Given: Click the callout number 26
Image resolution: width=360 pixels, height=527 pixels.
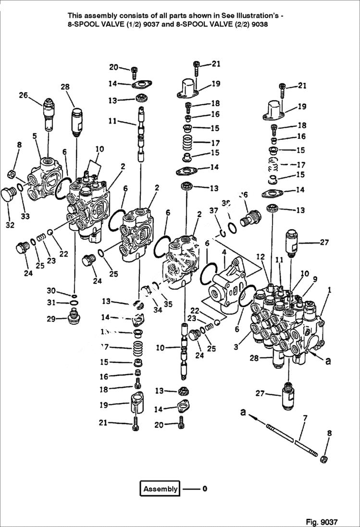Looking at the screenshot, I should click(x=23, y=95).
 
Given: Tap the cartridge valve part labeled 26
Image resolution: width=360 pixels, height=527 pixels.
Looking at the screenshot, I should click(x=49, y=114).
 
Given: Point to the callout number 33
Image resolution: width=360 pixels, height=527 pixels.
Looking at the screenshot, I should click(x=25, y=216).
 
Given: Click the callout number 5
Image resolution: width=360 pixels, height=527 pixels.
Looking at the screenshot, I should click(x=35, y=136).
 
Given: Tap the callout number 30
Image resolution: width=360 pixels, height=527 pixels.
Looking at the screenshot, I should click(x=51, y=290).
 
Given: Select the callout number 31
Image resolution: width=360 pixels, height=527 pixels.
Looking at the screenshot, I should click(x=51, y=302).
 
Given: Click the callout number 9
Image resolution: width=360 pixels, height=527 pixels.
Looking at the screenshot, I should click(x=314, y=279).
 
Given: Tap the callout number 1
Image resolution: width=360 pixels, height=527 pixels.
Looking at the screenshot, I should click(x=329, y=290).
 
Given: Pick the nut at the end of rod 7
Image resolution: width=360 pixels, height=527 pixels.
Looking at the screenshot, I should click(x=324, y=459).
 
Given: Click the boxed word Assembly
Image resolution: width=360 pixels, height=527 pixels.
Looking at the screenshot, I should click(x=160, y=489).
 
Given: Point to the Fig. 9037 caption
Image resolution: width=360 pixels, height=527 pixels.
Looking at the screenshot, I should click(x=322, y=522).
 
